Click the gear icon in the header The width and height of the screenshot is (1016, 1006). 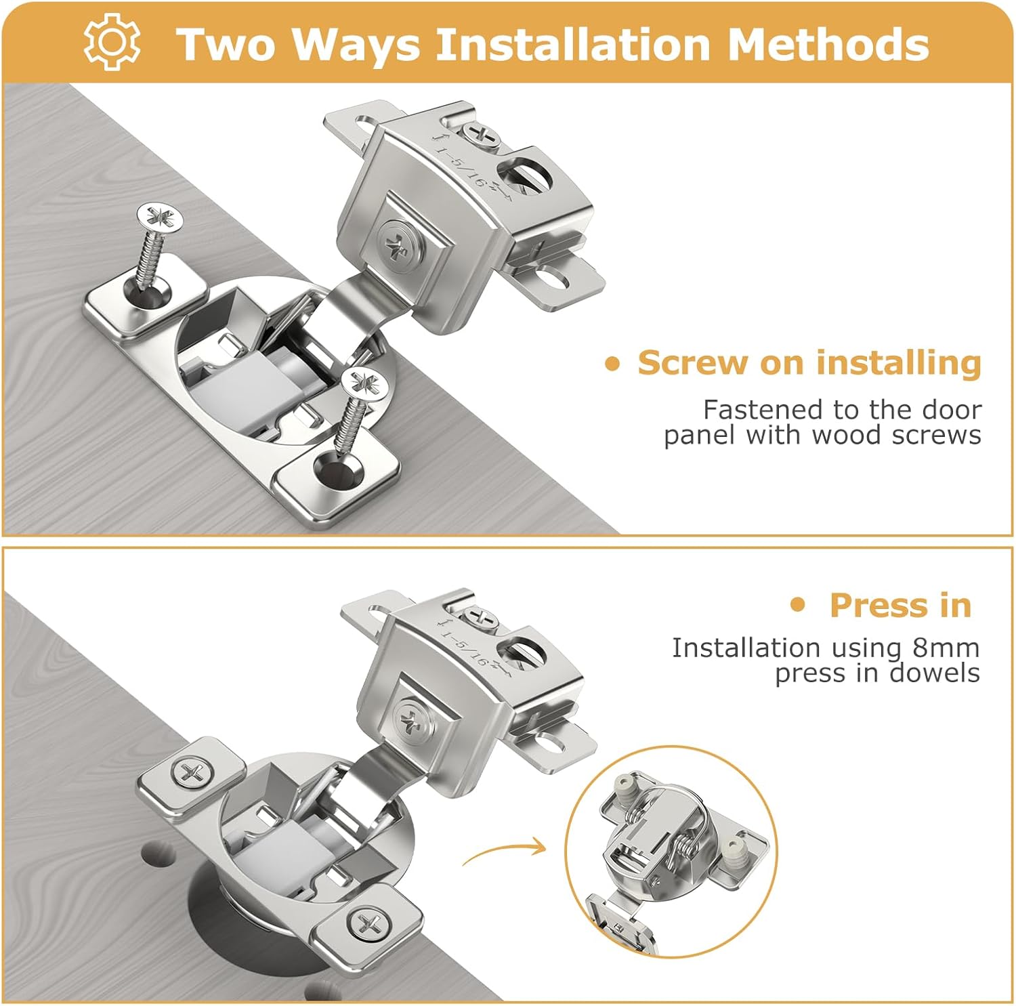tap(112, 42)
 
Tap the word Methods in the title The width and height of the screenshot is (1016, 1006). tap(828, 44)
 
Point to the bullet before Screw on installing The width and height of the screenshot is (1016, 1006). tap(612, 364)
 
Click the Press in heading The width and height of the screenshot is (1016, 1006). tap(900, 605)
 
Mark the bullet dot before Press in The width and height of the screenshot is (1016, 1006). tap(799, 604)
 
